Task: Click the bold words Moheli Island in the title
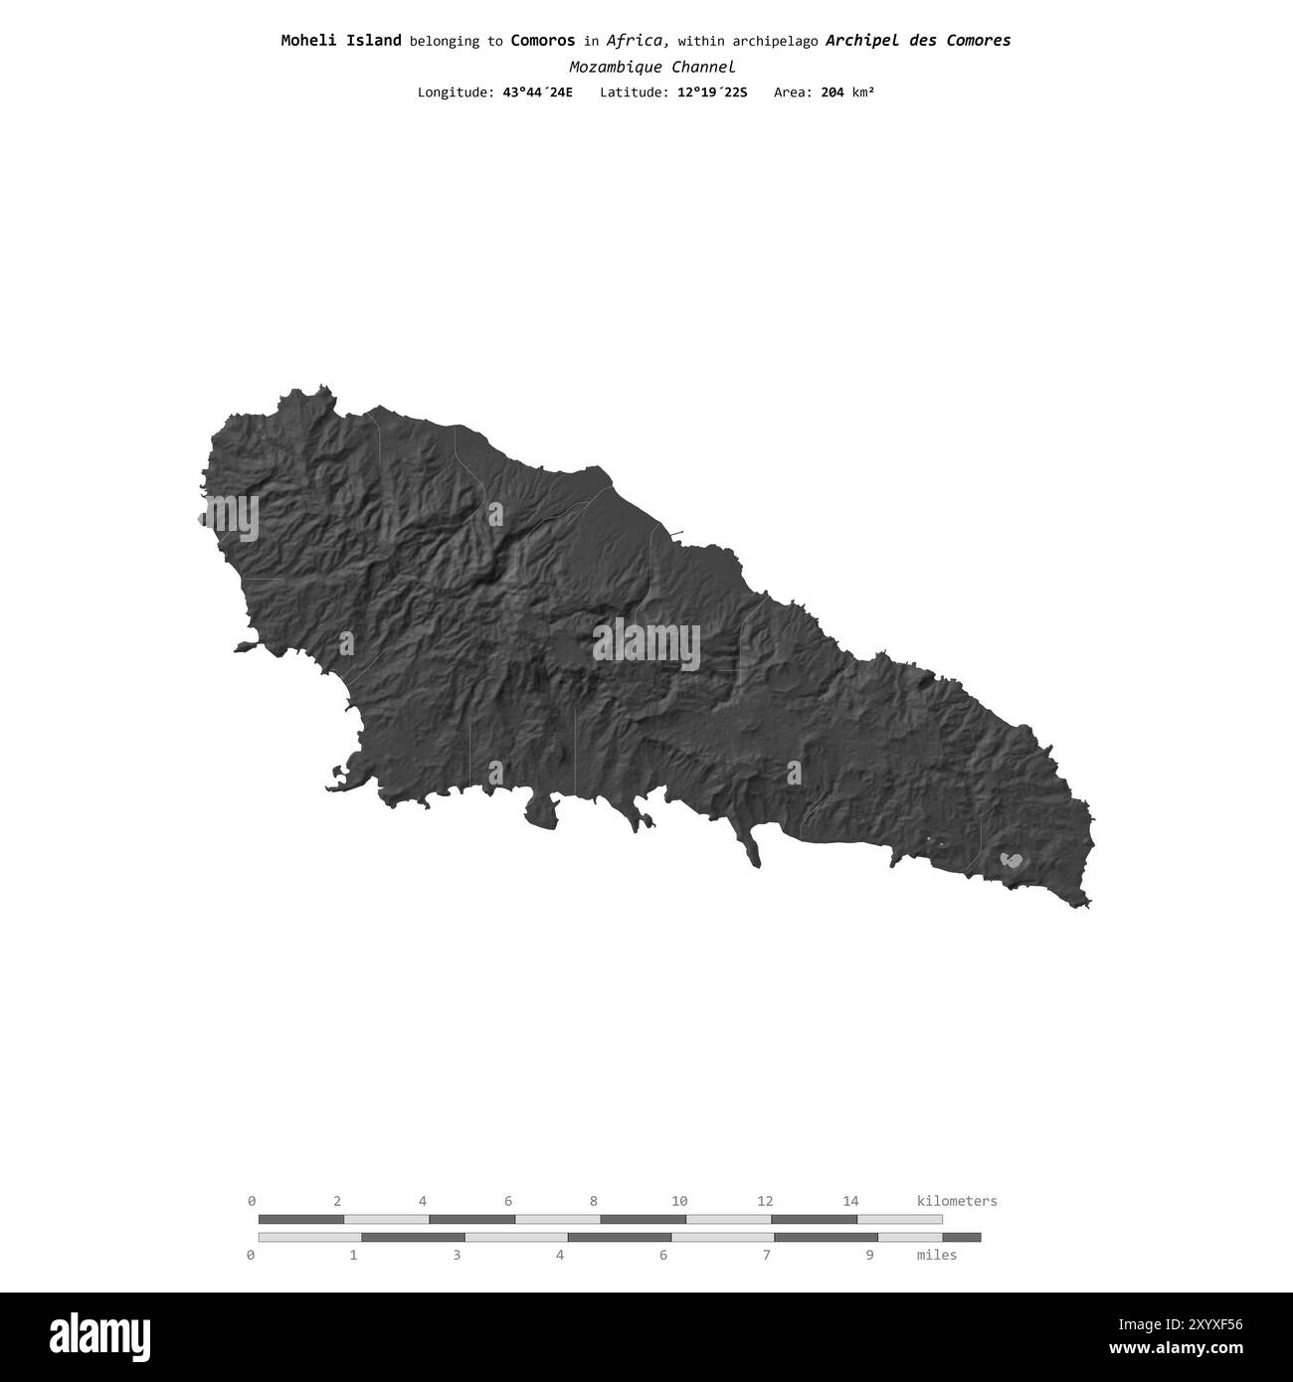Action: coord(341,41)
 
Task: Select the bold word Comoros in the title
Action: coord(542,41)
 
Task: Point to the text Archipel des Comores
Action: coord(918,41)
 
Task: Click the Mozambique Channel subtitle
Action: coord(651,68)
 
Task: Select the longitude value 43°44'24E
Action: coord(537,92)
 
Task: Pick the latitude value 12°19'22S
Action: coord(707,92)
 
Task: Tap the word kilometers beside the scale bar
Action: coord(956,1201)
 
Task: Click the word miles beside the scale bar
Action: coord(937,1255)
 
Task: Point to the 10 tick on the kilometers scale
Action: coord(679,1201)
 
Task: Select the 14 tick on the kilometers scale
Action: coord(850,1201)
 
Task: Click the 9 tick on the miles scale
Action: coord(869,1255)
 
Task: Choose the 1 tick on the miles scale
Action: coord(353,1255)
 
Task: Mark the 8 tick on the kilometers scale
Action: coord(594,1201)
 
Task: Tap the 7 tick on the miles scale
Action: coord(766,1255)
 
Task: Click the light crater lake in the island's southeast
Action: coord(1013,860)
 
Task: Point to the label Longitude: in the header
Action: coord(455,92)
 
